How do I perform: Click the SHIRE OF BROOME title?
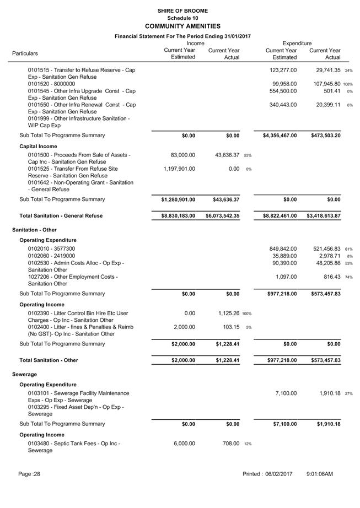[182, 10]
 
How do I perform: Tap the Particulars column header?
[25, 53]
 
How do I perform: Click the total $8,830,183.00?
[174, 216]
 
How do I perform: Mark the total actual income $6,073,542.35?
[223, 216]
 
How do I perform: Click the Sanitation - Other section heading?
[35, 230]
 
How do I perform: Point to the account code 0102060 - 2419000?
[52, 256]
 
